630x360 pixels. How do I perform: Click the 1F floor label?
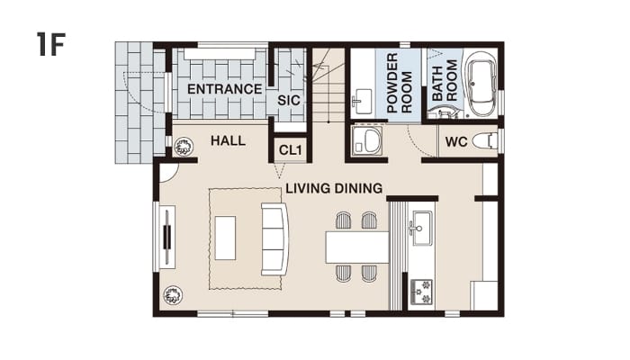50,44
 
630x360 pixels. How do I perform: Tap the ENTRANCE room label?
225,89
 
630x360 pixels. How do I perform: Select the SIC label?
289,100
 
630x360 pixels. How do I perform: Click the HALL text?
228,140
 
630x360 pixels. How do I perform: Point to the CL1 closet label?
290,150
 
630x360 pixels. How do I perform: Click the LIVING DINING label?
334,188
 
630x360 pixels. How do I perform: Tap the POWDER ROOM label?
400,83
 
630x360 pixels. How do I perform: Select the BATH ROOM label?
445,80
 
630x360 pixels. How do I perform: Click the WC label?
456,142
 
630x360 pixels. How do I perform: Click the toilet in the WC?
485,141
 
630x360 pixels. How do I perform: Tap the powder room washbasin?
364,102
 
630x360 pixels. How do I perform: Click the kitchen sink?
420,228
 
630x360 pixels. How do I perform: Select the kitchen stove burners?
421,292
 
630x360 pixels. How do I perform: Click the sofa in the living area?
274,239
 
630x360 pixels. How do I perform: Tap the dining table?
357,247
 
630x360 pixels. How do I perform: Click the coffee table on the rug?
225,238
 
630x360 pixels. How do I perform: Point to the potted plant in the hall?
184,146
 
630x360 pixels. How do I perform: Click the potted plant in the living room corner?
173,295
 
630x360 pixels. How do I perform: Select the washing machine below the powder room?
366,140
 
